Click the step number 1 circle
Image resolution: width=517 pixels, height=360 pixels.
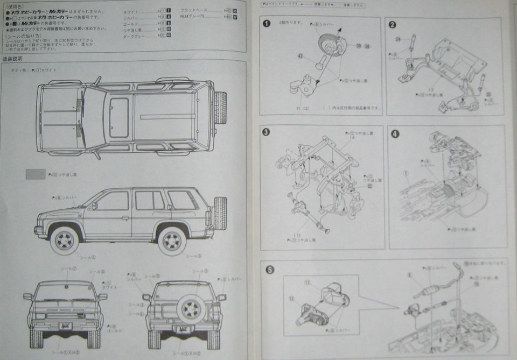point(266,24)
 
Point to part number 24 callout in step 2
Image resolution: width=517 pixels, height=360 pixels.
point(397,39)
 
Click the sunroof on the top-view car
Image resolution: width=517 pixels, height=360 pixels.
point(118,117)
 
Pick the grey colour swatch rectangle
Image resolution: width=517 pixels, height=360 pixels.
point(36,174)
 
